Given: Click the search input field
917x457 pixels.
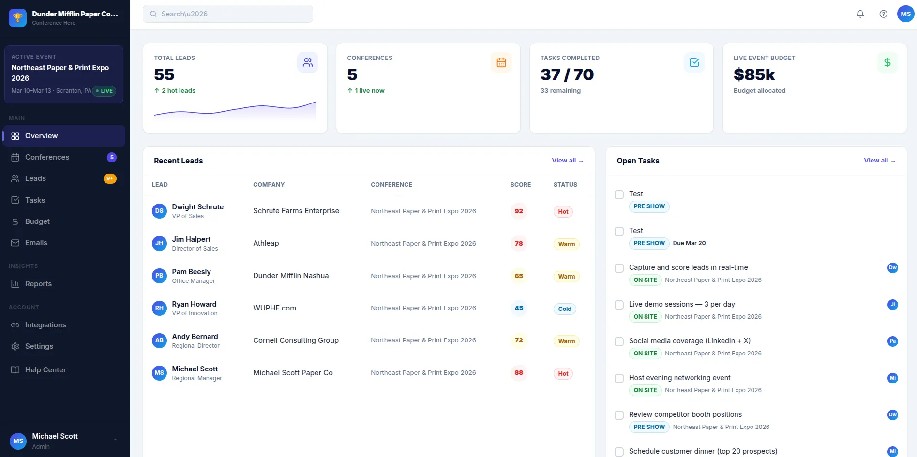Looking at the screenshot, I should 227,14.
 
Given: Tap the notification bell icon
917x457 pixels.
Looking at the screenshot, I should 860,14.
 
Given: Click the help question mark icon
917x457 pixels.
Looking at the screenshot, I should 883,14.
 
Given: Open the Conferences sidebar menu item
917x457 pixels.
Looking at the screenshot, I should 47,157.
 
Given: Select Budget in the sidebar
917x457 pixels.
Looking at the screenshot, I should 37,221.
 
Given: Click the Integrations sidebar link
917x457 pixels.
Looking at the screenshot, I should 45,325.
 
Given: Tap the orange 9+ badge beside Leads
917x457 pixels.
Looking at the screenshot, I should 110,178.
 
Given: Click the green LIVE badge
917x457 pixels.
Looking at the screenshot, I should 104,91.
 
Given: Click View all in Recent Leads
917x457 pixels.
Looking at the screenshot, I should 567,161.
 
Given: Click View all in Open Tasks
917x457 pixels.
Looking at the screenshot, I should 879,161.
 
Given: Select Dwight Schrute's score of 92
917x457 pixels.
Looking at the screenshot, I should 519,211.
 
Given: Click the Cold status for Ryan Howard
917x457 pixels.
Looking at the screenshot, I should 564,309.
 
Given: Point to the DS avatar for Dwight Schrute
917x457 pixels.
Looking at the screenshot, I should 159,211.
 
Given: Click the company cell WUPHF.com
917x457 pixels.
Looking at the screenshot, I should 274,308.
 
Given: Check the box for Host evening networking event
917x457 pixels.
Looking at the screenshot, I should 619,378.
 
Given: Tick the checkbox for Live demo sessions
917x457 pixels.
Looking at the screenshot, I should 619,305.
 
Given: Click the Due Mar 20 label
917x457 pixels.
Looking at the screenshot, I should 689,243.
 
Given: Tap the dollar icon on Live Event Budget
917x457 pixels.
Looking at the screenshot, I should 887,62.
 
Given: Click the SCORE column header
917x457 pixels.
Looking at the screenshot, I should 520,185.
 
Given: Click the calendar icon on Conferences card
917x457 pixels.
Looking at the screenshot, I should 501,62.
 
